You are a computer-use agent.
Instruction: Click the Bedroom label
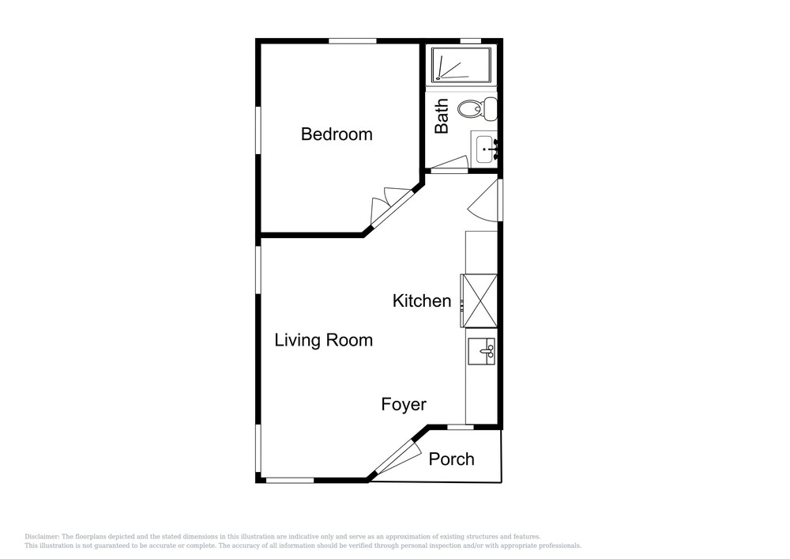pos(337,134)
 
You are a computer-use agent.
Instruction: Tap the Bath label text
pos(442,116)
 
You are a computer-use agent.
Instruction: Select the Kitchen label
pos(422,301)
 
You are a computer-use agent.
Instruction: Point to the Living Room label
pos(323,340)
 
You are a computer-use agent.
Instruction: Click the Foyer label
pos(404,404)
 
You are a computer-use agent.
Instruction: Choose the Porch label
pos(451,459)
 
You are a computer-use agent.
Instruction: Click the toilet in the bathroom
pos(477,108)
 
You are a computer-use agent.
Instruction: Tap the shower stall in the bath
pos(461,65)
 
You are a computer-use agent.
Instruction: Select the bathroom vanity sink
pos(485,148)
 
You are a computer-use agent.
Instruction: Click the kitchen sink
pos(482,351)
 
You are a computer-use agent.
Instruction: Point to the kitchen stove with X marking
pos(479,300)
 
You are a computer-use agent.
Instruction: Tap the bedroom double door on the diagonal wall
pos(391,206)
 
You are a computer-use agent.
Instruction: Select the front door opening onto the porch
pos(398,458)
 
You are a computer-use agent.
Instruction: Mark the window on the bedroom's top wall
pos(352,41)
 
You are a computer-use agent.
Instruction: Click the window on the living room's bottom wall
pos(290,481)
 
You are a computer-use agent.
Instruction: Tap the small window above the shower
pos(471,41)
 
